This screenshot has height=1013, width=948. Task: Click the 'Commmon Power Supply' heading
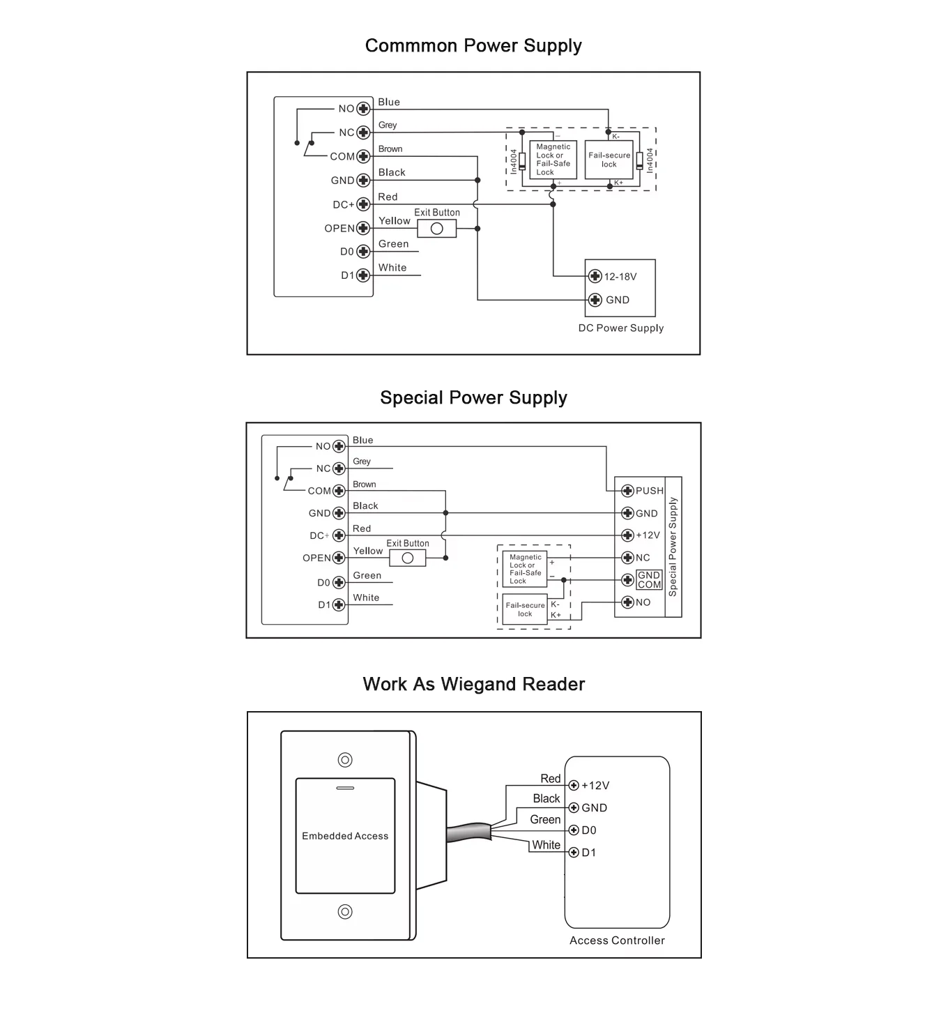473,46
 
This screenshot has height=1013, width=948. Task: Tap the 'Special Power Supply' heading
473,398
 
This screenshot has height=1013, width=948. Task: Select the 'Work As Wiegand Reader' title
473,684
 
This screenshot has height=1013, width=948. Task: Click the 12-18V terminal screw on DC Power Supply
595,277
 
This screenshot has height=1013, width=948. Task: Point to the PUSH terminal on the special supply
627,491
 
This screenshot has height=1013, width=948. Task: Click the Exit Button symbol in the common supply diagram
437,229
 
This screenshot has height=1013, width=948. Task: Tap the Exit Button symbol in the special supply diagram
408,558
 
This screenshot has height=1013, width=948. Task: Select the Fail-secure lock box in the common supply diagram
609,160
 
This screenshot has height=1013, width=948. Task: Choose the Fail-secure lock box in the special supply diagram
524,609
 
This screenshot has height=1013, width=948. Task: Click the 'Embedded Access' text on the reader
345,836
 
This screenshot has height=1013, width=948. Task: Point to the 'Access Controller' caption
617,940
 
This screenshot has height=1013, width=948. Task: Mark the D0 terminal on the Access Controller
574,830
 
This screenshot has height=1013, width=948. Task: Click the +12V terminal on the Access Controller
574,786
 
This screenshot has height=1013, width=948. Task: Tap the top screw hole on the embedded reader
345,760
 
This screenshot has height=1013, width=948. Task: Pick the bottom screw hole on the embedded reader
345,911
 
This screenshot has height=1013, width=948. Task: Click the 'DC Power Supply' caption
621,328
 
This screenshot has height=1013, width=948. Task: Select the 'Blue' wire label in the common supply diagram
389,102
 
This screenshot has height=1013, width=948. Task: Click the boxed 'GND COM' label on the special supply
649,580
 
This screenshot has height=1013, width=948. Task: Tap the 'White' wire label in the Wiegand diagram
546,845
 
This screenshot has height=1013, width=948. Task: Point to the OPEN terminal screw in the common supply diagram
362,228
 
